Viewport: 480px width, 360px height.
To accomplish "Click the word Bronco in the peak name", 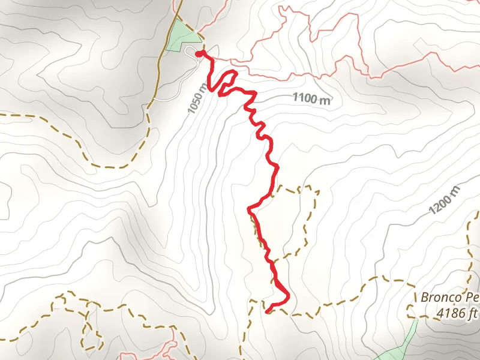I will [x=439, y=297].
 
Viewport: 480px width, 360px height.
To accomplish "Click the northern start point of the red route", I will [x=198, y=53].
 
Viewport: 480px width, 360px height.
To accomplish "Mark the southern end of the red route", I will [x=266, y=311].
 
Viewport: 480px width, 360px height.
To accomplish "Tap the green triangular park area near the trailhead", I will [x=178, y=37].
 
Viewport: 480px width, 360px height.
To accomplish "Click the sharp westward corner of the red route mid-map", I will [x=249, y=209].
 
